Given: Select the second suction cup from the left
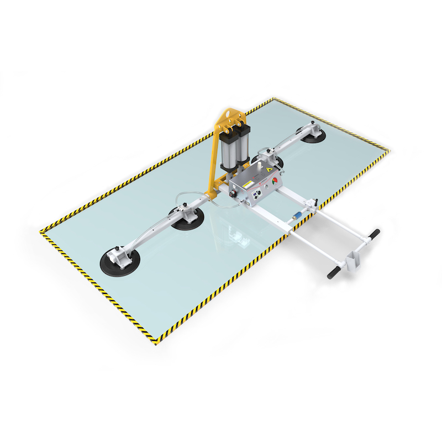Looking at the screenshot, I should coord(187,219).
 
